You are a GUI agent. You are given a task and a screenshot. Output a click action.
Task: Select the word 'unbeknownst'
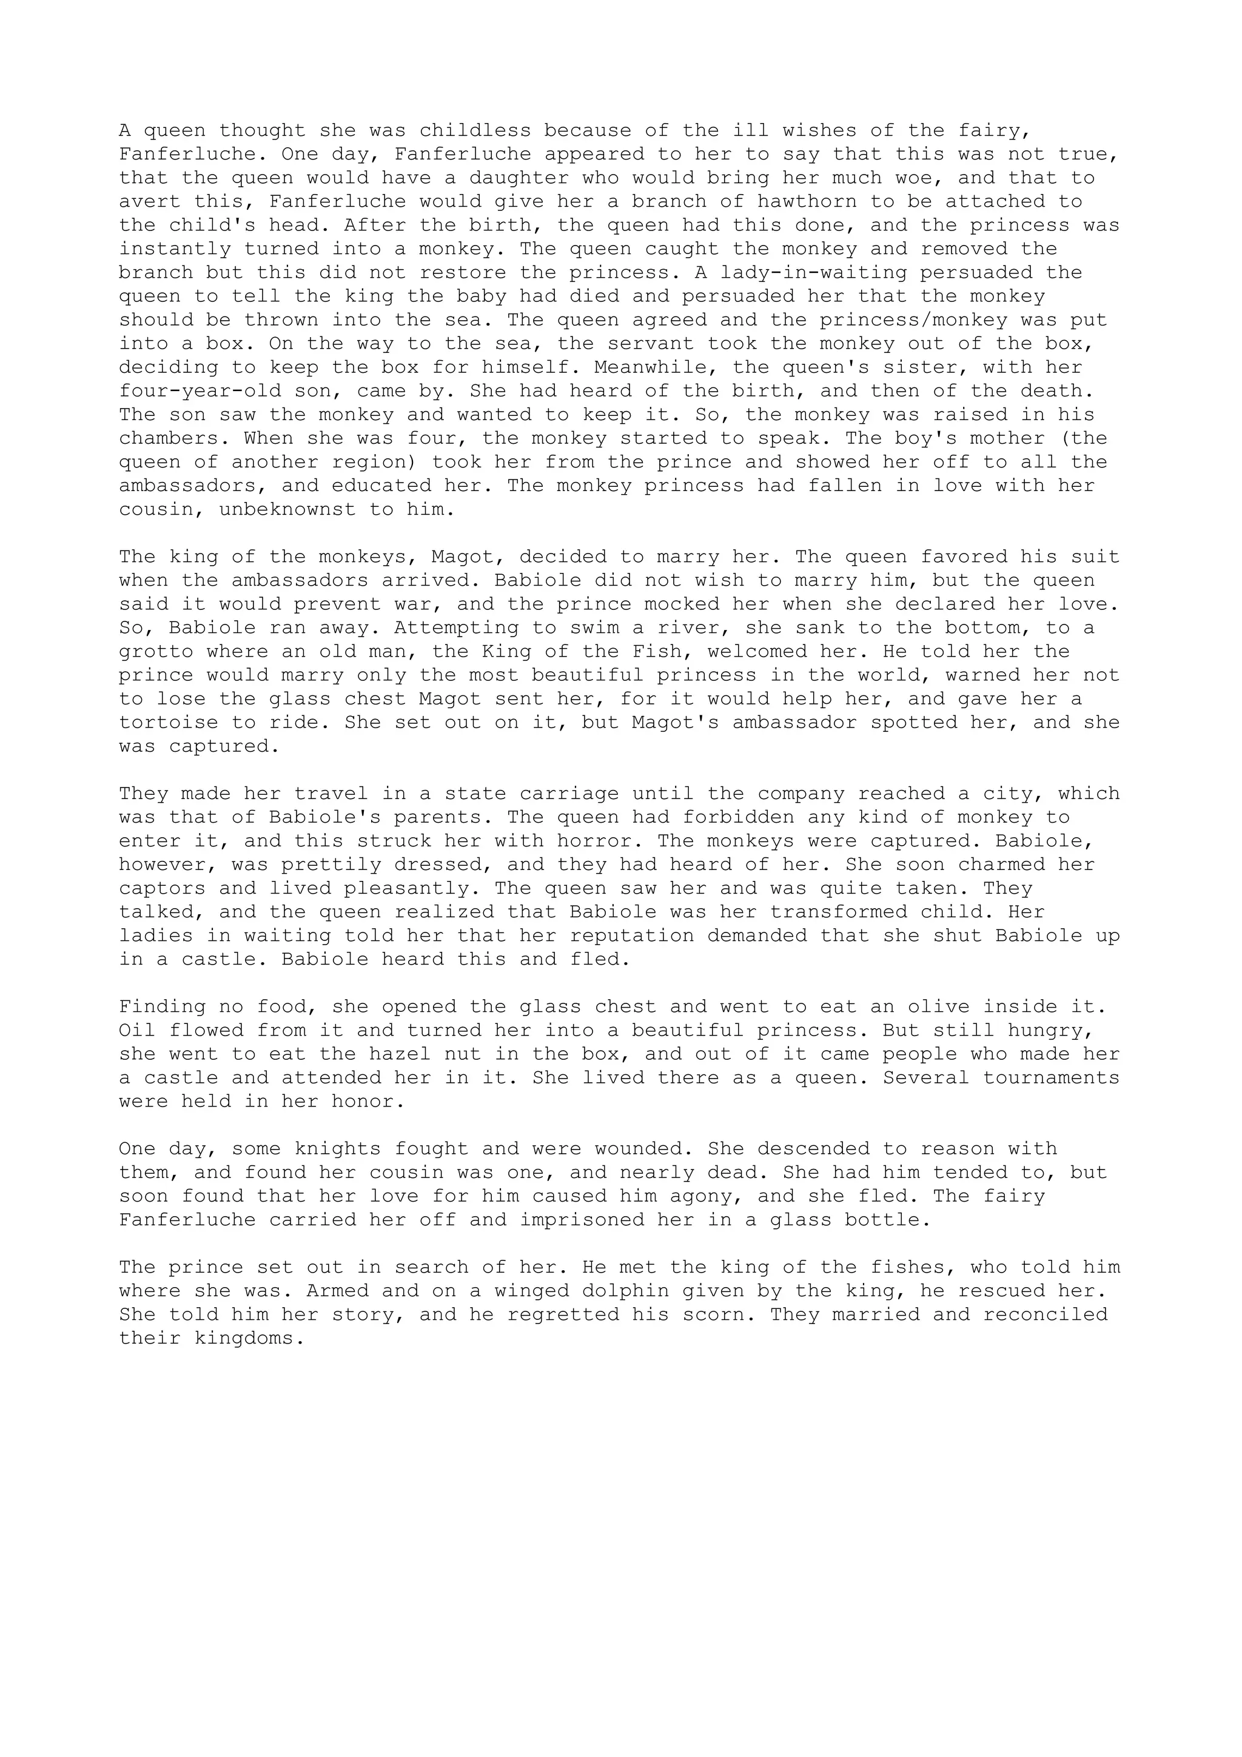coord(287,510)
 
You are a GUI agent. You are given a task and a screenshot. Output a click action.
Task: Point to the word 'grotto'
coord(156,652)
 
